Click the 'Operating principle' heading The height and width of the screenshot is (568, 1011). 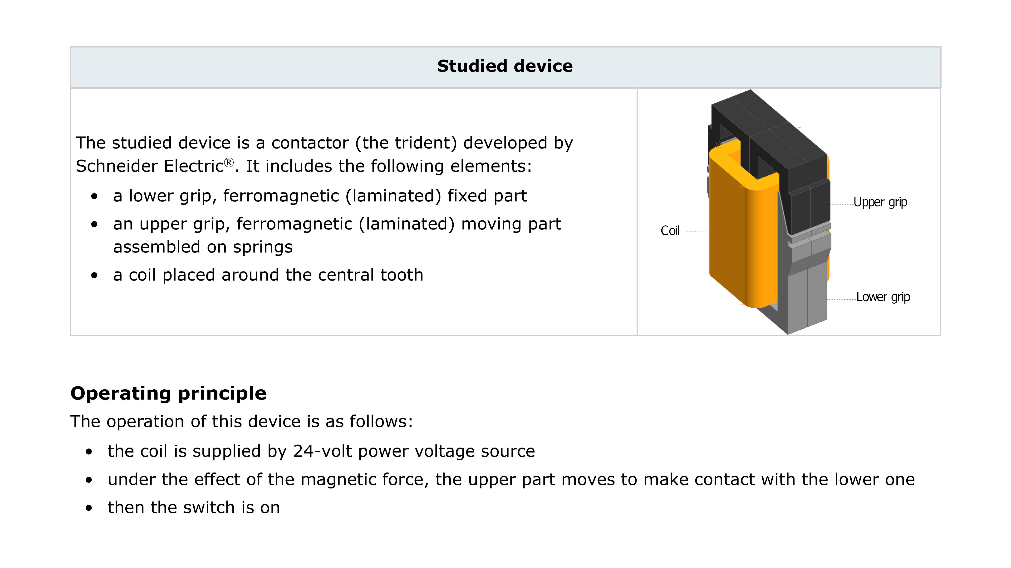click(x=168, y=393)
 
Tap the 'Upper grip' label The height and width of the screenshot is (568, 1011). click(x=880, y=202)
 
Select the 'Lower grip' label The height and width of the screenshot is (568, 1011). click(x=883, y=297)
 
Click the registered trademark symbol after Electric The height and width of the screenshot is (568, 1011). click(x=229, y=162)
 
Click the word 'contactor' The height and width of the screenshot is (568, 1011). click(x=310, y=143)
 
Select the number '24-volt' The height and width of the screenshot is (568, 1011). click(x=322, y=451)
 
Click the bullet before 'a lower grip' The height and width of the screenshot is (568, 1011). click(x=94, y=196)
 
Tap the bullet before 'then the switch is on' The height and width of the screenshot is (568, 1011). click(x=89, y=508)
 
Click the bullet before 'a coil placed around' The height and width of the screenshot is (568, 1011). click(x=94, y=276)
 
